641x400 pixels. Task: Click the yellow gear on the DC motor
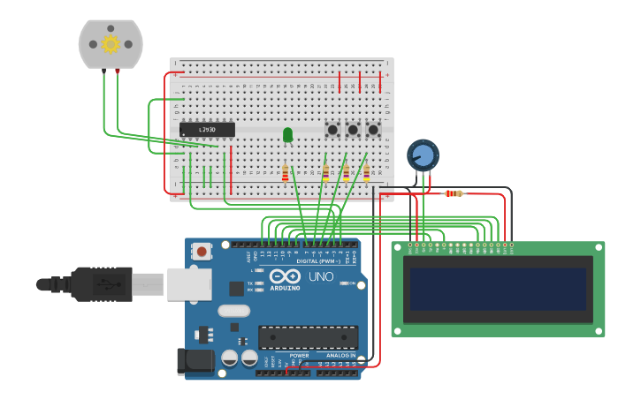[111, 43]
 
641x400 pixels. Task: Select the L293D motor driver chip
[207, 130]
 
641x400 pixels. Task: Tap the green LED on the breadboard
[287, 134]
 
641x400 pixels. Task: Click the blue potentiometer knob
[423, 155]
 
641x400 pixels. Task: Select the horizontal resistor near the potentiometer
[454, 193]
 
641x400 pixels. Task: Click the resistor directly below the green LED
[285, 173]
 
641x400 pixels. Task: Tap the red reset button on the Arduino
[202, 252]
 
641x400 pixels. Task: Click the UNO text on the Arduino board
[320, 276]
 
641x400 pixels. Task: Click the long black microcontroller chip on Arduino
[308, 337]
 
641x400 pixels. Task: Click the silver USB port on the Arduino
[188, 283]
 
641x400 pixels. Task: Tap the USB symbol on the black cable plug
[106, 284]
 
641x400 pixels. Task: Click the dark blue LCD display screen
[498, 289]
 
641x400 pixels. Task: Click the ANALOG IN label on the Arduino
[340, 356]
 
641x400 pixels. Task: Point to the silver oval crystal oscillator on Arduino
[233, 310]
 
